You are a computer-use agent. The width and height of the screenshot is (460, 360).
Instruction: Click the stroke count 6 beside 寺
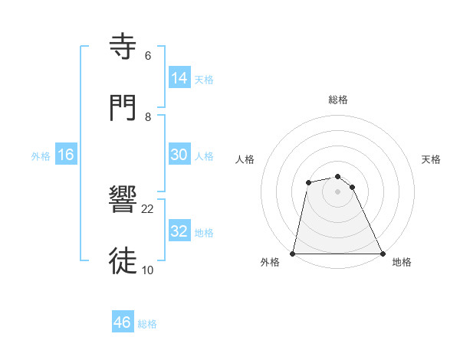point(148,56)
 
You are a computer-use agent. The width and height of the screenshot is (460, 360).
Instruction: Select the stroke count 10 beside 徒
point(148,270)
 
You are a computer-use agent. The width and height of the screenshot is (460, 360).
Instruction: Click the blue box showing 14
point(179,78)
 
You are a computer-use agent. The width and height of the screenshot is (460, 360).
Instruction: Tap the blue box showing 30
point(179,155)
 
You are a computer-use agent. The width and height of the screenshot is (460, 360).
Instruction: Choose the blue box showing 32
point(179,231)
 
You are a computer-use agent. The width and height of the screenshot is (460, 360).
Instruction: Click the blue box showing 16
point(66,155)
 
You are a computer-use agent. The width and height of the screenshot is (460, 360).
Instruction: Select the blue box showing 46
point(123,322)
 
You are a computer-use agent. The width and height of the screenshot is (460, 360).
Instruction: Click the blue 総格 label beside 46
point(147,324)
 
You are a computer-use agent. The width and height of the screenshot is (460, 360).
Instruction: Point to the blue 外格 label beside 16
point(41,156)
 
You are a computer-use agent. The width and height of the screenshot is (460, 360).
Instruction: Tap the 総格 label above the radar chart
point(338,100)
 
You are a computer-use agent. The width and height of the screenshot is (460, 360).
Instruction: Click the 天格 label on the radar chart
point(432,159)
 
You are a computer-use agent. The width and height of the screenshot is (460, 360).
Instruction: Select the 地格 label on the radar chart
point(402,262)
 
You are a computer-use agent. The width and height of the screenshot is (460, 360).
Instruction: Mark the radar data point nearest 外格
point(293,254)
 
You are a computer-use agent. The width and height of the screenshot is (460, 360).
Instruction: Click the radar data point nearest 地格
point(383,254)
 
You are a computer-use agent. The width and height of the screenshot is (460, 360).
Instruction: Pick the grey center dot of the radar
point(337,191)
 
